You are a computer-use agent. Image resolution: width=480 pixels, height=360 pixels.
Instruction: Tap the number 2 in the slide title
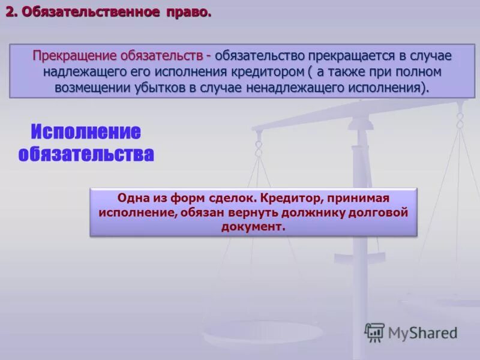point(10,12)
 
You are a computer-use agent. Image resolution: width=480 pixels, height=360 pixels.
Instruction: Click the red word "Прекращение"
point(74,56)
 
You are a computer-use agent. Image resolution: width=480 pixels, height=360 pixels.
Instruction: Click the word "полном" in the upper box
point(419,71)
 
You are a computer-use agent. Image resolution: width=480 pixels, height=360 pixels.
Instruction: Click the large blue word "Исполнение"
point(86,132)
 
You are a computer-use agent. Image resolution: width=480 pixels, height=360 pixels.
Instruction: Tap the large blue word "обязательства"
point(86,154)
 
